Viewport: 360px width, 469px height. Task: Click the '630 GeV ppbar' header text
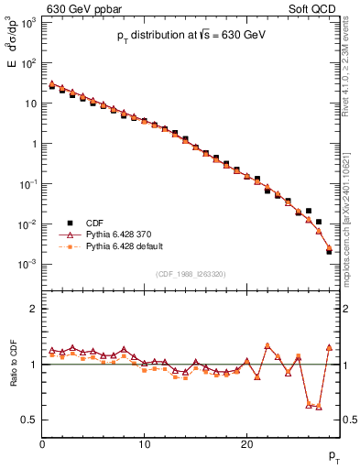tap(80, 10)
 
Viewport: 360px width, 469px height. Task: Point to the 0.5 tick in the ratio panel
tap(30, 420)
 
